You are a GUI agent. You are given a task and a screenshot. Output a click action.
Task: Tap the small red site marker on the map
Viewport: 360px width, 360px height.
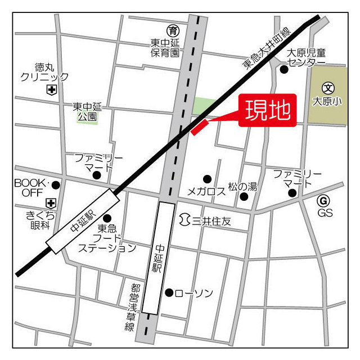tap(200, 127)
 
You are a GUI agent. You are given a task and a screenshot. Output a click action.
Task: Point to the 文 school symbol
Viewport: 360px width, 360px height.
tap(327, 88)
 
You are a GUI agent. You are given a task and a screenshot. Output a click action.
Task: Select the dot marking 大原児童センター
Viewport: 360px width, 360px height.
tap(284, 70)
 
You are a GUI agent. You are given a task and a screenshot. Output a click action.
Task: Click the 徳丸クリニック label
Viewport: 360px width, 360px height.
tap(44, 72)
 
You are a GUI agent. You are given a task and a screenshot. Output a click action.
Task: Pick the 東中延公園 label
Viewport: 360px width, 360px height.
tap(87, 111)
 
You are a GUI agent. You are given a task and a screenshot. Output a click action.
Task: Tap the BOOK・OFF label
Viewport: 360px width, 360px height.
tap(33, 188)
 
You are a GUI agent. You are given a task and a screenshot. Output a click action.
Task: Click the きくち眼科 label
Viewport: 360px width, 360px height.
tap(39, 220)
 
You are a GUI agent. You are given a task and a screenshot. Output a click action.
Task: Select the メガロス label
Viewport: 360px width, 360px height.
tap(206, 191)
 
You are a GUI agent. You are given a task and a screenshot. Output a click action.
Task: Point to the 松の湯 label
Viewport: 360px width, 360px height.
tap(242, 186)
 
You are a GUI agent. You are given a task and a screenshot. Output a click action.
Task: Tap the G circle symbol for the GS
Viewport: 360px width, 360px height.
tap(322, 201)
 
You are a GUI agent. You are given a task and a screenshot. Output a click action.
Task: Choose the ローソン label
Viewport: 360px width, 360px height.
tap(193, 293)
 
